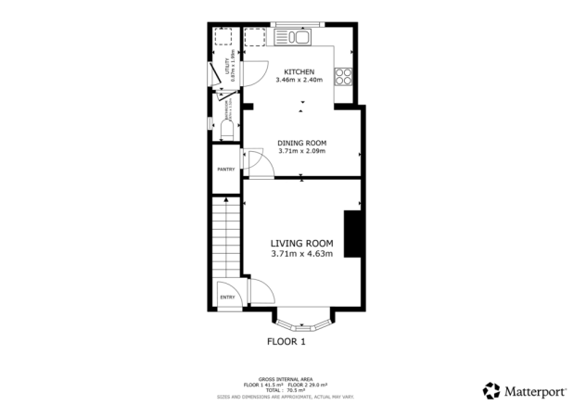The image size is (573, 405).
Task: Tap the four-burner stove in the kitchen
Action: point(344,77)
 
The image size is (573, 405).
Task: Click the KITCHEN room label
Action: point(299,72)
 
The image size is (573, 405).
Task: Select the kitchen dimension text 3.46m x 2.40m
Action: point(299,81)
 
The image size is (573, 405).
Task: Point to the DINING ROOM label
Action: point(301,143)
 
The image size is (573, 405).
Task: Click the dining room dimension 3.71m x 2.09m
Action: point(301,151)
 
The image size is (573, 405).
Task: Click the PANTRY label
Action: point(225,170)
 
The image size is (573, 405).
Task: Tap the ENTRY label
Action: point(227,297)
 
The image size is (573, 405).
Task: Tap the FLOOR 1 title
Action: point(286,342)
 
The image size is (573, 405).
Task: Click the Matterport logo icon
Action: point(490,389)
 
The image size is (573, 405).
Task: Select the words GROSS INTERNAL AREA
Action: point(286,379)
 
